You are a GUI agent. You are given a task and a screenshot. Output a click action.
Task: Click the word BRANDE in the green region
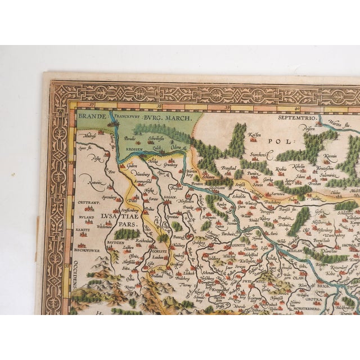tap(91, 118)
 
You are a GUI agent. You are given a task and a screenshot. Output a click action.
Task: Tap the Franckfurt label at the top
tap(128, 118)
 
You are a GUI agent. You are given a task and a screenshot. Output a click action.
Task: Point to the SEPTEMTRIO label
tap(292, 119)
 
